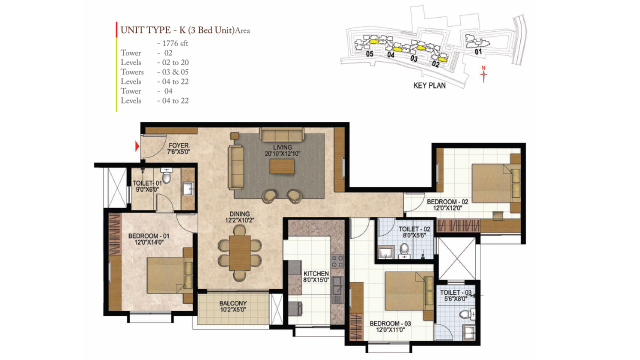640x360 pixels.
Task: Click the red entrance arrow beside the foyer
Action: [137, 146]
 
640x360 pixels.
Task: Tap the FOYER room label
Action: [178, 145]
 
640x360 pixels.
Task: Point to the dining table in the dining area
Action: [240, 252]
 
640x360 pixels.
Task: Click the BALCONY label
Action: [233, 303]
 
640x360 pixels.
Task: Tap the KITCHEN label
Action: [316, 273]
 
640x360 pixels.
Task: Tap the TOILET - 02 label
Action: [414, 229]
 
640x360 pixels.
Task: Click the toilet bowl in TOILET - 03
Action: [465, 314]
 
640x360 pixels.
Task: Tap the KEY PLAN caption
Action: [429, 85]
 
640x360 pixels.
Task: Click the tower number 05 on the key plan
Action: [369, 54]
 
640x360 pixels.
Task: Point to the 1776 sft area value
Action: [172, 43]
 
